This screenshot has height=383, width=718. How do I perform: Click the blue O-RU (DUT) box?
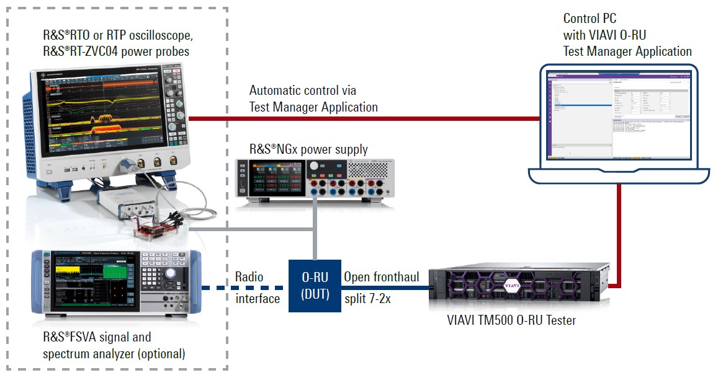pyautogui.click(x=315, y=286)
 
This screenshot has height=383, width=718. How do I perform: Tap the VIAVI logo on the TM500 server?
pyautogui.click(x=511, y=286)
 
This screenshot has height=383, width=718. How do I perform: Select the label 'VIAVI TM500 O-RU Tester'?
pyautogui.click(x=511, y=320)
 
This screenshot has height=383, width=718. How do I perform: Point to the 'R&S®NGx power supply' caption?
pyautogui.click(x=308, y=149)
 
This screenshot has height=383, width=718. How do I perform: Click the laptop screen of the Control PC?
pyautogui.click(x=619, y=117)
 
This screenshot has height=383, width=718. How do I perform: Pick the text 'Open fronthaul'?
pyautogui.click(x=382, y=276)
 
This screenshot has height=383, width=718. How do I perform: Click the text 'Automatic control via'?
pyautogui.click(x=303, y=91)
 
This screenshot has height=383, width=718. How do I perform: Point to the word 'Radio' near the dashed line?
pyautogui.click(x=249, y=276)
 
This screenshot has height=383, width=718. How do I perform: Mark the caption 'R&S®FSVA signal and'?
pyautogui.click(x=96, y=337)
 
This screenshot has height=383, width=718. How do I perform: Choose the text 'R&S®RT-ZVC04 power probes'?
pyautogui.click(x=115, y=52)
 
